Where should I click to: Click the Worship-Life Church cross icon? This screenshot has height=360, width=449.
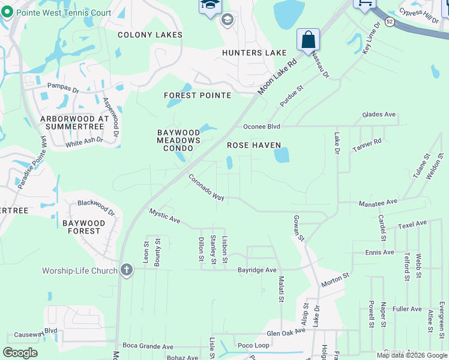[x=126, y=270]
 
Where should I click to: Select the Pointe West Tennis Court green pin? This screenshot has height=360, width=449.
[x=7, y=12]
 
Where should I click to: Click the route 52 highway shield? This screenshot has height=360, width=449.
[x=390, y=21]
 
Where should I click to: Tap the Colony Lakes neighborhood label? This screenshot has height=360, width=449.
[x=149, y=35]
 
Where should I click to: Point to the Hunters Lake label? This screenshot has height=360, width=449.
[x=254, y=53]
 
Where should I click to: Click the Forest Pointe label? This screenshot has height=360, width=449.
[x=197, y=95]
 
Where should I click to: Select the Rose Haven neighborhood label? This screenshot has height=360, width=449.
[x=254, y=145]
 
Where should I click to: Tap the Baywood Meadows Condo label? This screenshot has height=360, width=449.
[x=178, y=140]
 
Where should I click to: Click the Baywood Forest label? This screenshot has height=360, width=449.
[x=83, y=227]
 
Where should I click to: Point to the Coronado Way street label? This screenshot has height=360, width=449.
[x=206, y=188]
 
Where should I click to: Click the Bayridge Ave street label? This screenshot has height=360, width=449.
[x=257, y=271]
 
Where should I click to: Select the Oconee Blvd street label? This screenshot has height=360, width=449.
[x=262, y=127]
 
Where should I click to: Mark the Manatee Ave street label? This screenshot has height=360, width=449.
[x=378, y=202]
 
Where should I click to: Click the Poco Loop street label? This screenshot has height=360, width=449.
[x=253, y=346]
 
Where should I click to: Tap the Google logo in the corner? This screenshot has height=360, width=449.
[x=20, y=352]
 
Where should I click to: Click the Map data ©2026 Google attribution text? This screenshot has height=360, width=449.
[x=411, y=356]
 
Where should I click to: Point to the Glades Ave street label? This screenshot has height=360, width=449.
[x=379, y=115]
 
